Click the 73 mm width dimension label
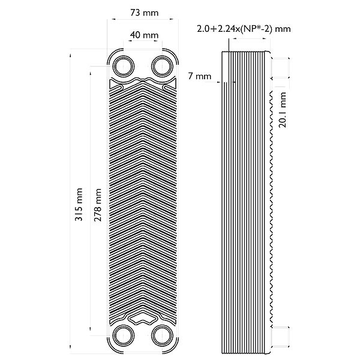[145, 13]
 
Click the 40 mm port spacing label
[144, 35]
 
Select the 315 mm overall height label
[79, 205]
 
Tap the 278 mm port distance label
[98, 205]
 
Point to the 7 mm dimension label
[200, 76]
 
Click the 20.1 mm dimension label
[283, 110]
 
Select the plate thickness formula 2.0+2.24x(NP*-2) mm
[244, 29]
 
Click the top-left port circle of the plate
[124, 67]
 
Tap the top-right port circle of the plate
[162, 67]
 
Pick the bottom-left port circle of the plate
[124, 335]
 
